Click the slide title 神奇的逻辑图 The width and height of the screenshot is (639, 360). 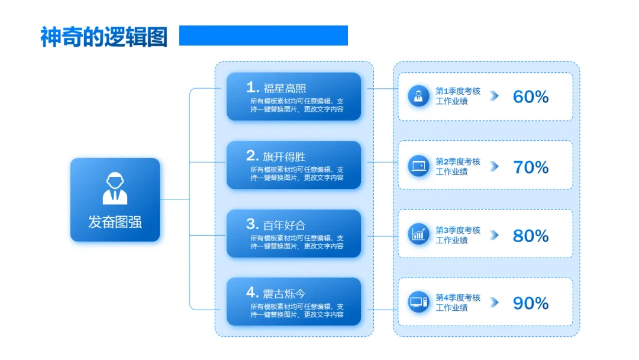point(104,37)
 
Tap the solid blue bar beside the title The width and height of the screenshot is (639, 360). point(263,36)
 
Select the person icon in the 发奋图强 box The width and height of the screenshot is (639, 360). point(115,188)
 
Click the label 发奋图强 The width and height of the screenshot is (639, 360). point(115,222)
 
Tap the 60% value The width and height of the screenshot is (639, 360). point(531,97)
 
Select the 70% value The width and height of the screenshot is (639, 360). point(531,167)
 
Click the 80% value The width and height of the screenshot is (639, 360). point(531,236)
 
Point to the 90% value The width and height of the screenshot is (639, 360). point(531,303)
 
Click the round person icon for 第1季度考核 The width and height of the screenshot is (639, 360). point(418,96)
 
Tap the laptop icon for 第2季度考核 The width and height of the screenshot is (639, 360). point(418,166)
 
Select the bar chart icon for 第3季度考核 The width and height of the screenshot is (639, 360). point(418,234)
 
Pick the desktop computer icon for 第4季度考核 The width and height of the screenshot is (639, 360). point(418,303)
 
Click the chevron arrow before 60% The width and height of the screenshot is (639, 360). point(494,96)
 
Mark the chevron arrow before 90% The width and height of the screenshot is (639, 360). point(494,303)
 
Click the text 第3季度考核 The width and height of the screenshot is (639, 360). point(458,230)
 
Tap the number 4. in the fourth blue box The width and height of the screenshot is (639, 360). point(253,292)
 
